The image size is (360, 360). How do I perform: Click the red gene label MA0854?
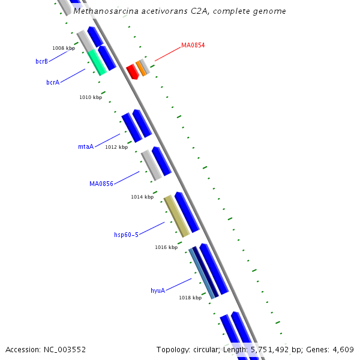tap(193, 45)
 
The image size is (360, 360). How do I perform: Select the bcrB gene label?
tap(41, 61)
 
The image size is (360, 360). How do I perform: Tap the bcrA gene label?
tap(53, 82)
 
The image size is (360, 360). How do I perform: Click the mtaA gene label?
tap(86, 146)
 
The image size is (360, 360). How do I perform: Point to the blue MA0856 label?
tap(101, 184)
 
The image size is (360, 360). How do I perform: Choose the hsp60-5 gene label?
tap(126, 235)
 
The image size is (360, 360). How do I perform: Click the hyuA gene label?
tap(158, 290)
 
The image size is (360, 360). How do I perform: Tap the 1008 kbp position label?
tap(64, 48)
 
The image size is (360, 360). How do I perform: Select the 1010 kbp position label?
tap(91, 97)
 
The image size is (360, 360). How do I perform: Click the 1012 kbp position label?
tap(116, 147)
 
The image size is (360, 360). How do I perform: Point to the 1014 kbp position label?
tap(142, 197)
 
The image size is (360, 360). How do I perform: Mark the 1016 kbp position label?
tap(166, 247)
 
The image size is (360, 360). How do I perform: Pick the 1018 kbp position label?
tap(190, 298)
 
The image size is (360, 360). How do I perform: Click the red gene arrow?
tap(132, 72)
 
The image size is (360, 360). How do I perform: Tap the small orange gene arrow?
tap(140, 68)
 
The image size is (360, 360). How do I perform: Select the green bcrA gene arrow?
tap(97, 63)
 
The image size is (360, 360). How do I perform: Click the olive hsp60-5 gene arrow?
tap(176, 216)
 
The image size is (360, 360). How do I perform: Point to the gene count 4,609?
tap(342, 350)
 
